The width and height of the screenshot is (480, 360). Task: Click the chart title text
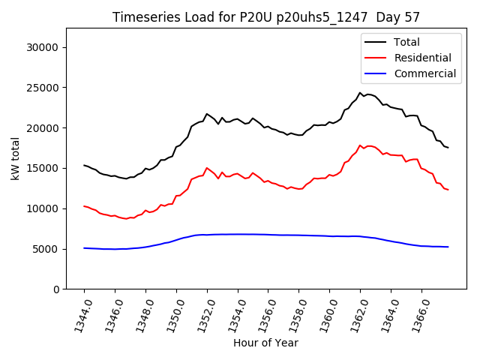click(265, 17)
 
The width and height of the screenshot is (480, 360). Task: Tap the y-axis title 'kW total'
click(16, 158)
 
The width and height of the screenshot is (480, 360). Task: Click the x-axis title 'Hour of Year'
click(265, 343)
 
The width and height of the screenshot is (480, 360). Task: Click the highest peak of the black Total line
click(360, 93)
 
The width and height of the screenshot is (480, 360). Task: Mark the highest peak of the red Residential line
click(360, 145)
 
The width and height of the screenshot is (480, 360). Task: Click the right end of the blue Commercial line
click(448, 247)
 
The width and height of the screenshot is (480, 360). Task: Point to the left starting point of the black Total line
click(84, 165)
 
